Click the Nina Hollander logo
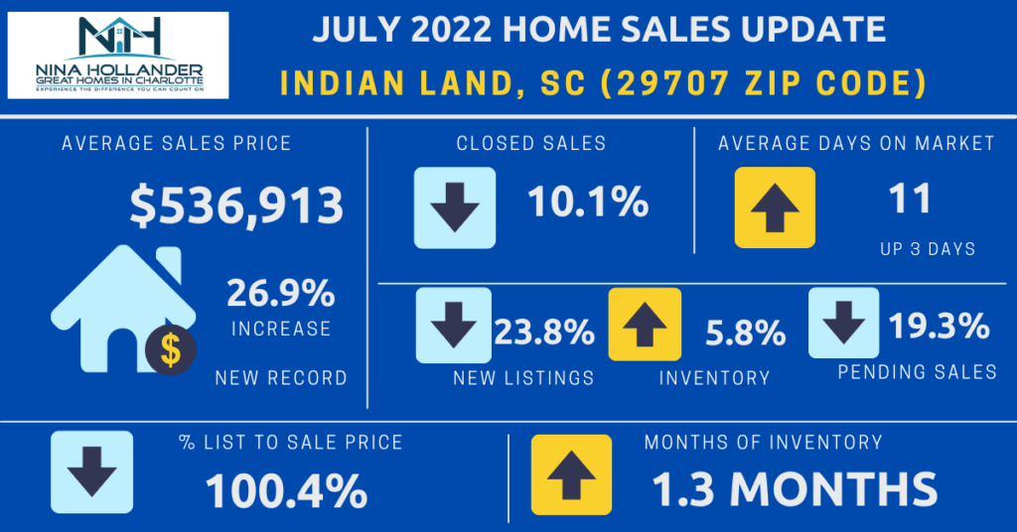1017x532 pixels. [x=118, y=55]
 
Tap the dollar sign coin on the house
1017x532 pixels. [x=170, y=349]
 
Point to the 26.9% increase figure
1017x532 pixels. [x=280, y=295]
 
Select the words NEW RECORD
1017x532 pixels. [x=281, y=378]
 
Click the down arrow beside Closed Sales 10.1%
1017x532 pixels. [x=454, y=206]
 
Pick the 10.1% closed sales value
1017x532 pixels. [x=588, y=204]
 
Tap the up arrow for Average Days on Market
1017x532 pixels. [x=775, y=206]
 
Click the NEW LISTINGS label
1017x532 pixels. [x=523, y=378]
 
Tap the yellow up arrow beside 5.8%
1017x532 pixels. [x=645, y=324]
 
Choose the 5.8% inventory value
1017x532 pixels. [x=745, y=332]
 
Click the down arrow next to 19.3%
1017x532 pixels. [x=843, y=323]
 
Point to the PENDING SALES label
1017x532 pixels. [x=917, y=372]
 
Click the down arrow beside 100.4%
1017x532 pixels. [x=91, y=472]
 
